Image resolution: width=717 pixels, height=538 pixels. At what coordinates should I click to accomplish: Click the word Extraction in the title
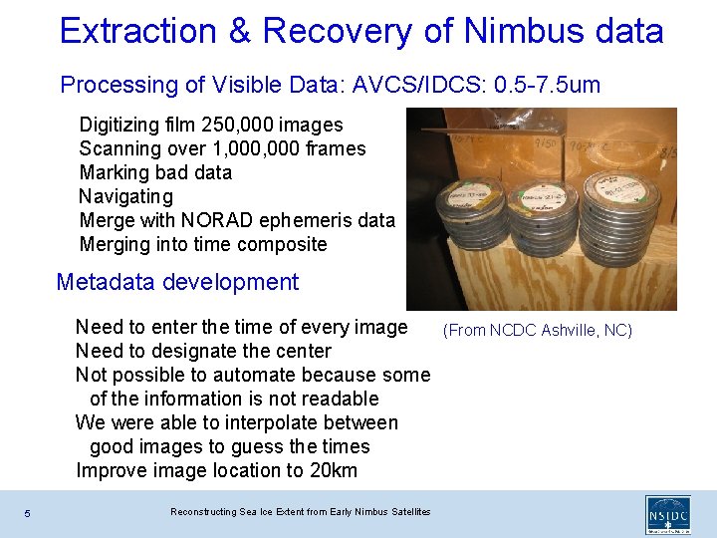click(x=137, y=31)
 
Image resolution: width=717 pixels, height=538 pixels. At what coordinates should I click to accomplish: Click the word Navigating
click(x=125, y=196)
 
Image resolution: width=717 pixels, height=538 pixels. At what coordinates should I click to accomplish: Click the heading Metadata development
click(x=177, y=282)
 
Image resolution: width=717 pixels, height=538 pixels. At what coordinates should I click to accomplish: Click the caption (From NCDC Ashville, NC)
click(x=538, y=330)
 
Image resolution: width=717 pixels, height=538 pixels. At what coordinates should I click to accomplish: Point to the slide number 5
click(x=28, y=513)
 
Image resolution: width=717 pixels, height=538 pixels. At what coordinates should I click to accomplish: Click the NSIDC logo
click(x=667, y=516)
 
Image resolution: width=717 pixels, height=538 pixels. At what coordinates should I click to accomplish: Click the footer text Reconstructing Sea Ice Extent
click(x=300, y=512)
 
